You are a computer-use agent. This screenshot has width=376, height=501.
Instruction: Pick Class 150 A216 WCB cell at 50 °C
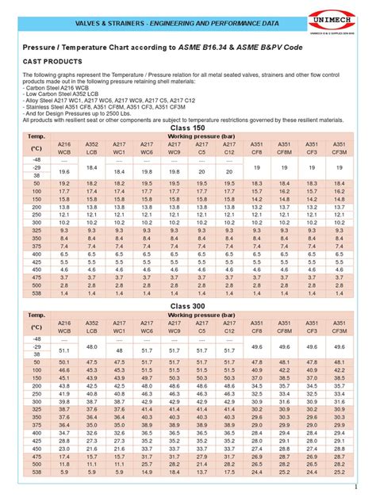click(65, 182)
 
